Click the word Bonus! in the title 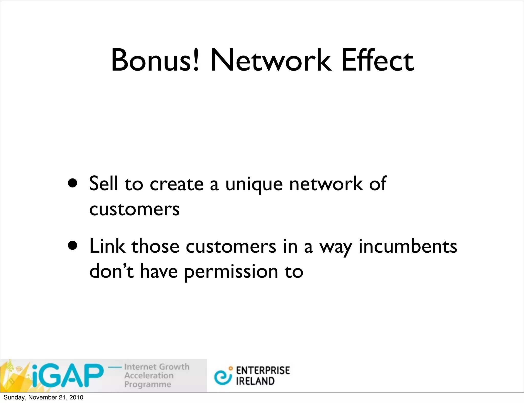(155, 61)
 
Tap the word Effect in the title (377, 61)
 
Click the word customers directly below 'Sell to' (134, 209)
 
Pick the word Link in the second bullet (107, 246)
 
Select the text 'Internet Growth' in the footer (157, 367)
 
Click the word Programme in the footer (148, 384)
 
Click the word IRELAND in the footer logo (255, 381)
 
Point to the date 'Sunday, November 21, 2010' (43, 397)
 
